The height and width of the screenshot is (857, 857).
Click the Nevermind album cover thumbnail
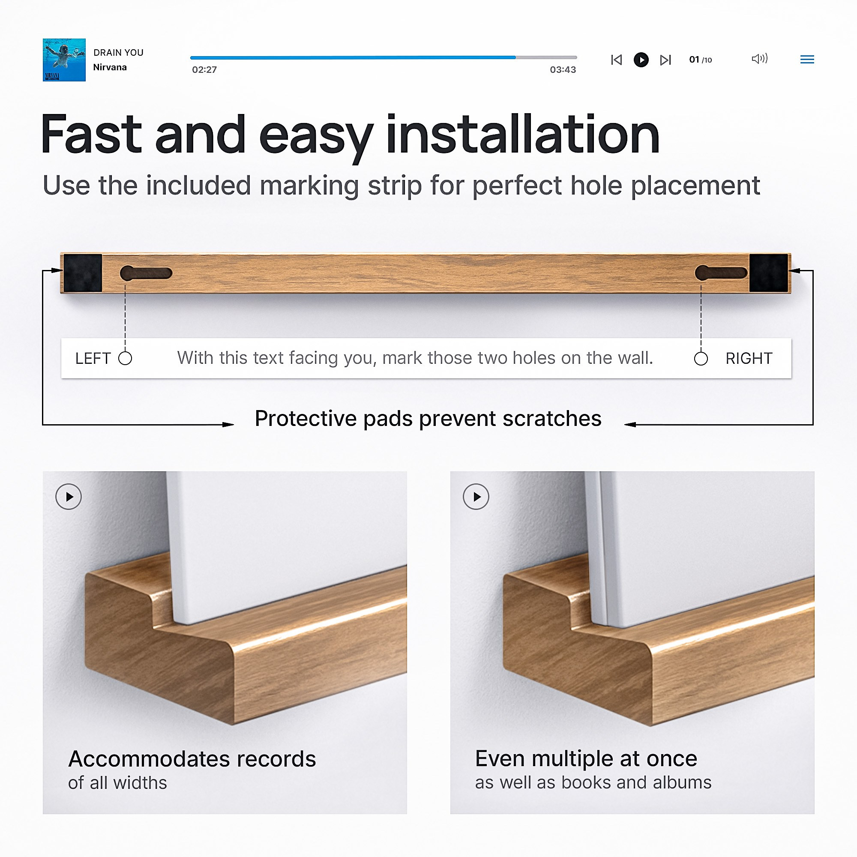pos(64,60)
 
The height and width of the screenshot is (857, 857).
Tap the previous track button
pos(616,60)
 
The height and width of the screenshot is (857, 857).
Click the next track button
pos(665,60)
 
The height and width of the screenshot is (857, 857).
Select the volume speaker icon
pos(759,59)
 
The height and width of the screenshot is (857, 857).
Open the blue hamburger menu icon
pos(807,60)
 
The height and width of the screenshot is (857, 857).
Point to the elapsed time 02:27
pos(204,70)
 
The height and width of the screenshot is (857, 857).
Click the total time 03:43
pos(563,70)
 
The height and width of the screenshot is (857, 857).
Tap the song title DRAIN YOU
pos(118,53)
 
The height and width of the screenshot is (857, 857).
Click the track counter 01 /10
pos(701,60)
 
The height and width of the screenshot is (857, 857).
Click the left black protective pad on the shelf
pos(83,273)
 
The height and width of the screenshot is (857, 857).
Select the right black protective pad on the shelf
pos(769,273)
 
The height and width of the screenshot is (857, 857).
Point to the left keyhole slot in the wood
pos(146,273)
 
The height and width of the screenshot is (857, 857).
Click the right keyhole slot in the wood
pos(721,273)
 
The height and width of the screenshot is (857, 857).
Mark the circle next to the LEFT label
pos(125,358)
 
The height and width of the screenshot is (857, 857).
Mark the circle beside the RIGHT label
pos(701,359)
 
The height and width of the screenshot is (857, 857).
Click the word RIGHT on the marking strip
pos(749,358)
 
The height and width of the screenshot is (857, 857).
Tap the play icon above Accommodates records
pos(68,497)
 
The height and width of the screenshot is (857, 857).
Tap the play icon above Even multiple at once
pos(476,497)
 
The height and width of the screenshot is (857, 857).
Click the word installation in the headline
pos(523,135)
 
